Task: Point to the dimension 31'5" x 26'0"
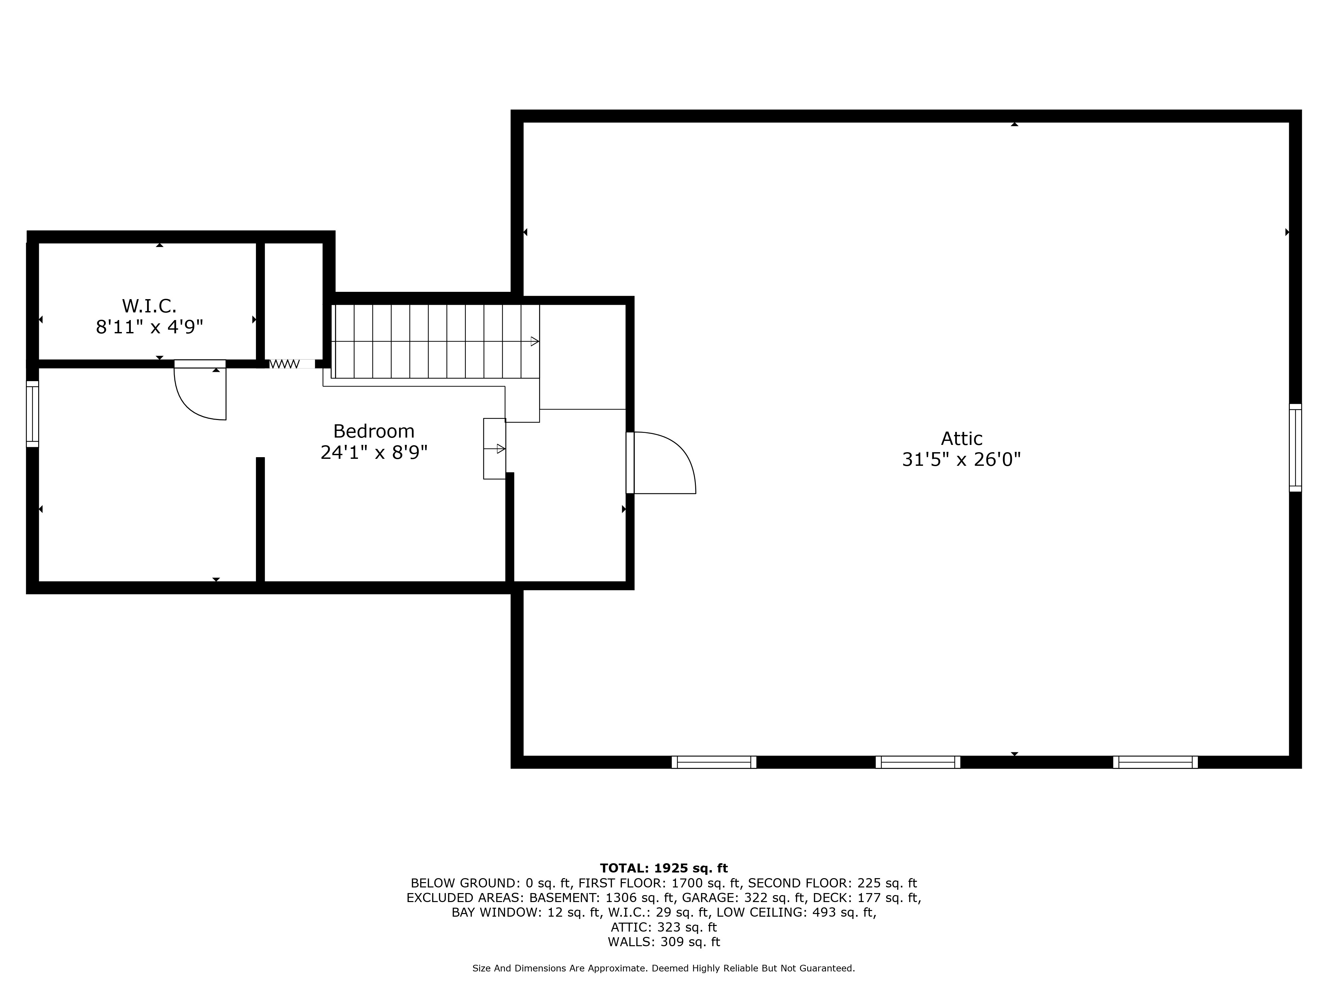[x=961, y=460]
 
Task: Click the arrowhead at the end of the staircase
[x=534, y=342]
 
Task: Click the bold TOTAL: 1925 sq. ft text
[x=663, y=868]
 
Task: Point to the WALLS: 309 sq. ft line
[x=663, y=942]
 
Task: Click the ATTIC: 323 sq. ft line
[x=663, y=927]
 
